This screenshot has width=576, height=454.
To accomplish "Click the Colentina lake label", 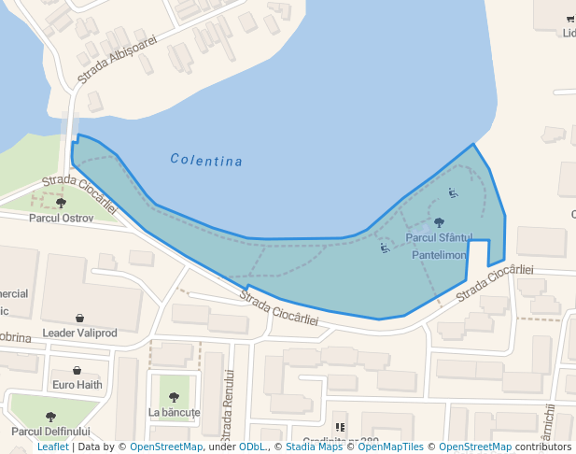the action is pyautogui.click(x=206, y=161).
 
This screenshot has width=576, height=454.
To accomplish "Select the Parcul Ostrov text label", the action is pyautogui.click(x=62, y=218).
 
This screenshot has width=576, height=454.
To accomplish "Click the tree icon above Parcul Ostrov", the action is pyautogui.click(x=62, y=203).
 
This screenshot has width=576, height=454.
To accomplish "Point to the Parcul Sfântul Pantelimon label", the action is pyautogui.click(x=439, y=246).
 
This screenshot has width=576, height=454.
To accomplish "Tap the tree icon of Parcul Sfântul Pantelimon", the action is pyautogui.click(x=439, y=223).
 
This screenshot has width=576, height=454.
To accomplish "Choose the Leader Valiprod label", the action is pyautogui.click(x=80, y=333).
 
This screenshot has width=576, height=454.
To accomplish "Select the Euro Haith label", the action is pyautogui.click(x=77, y=384).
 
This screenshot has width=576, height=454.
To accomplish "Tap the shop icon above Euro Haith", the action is pyautogui.click(x=77, y=371).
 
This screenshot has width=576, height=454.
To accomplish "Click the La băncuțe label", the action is pyautogui.click(x=175, y=412).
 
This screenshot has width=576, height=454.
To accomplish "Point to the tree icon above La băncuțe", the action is pyautogui.click(x=174, y=396).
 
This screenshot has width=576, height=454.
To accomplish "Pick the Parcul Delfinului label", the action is pyautogui.click(x=51, y=432).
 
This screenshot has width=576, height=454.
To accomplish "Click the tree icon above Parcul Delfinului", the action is pyautogui.click(x=50, y=417).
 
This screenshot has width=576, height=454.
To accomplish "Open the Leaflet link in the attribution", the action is pyautogui.click(x=52, y=447).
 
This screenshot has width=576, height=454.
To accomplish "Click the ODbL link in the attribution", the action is pyautogui.click(x=252, y=447).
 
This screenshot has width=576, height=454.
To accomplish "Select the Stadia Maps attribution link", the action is pyautogui.click(x=314, y=447).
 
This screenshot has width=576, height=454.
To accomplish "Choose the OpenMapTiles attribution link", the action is pyautogui.click(x=391, y=447).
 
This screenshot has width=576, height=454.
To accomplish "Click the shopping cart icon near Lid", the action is pyautogui.click(x=569, y=19).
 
